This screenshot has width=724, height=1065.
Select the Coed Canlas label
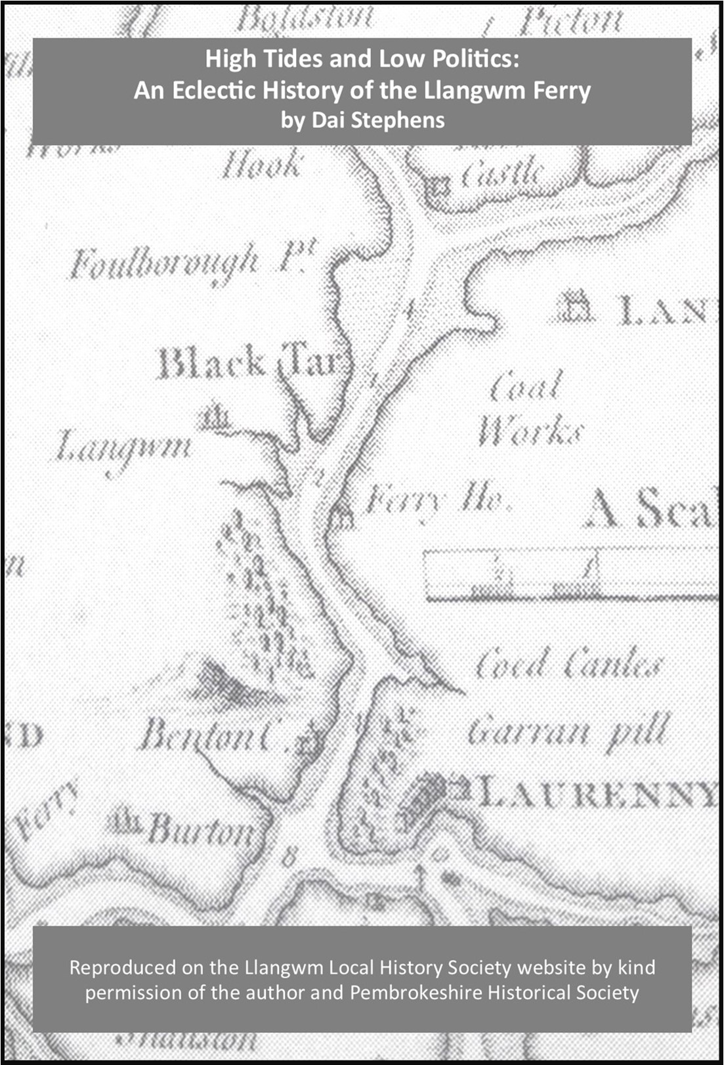coord(567,663)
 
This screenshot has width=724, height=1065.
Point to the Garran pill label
coord(568,731)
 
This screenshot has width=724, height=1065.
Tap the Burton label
coord(201,829)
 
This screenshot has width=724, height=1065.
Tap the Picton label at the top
coord(568,22)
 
